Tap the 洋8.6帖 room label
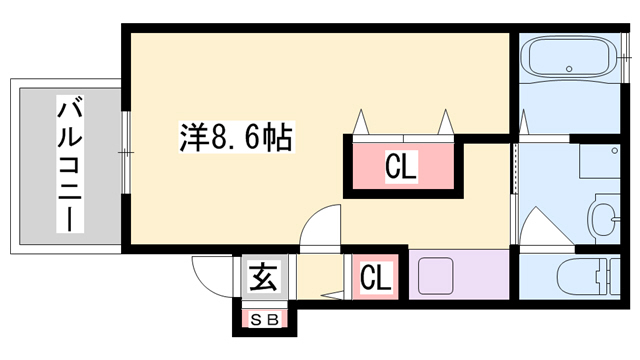coord(236,137)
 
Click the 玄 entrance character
coord(264,275)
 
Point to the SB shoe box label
coord(264,320)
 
